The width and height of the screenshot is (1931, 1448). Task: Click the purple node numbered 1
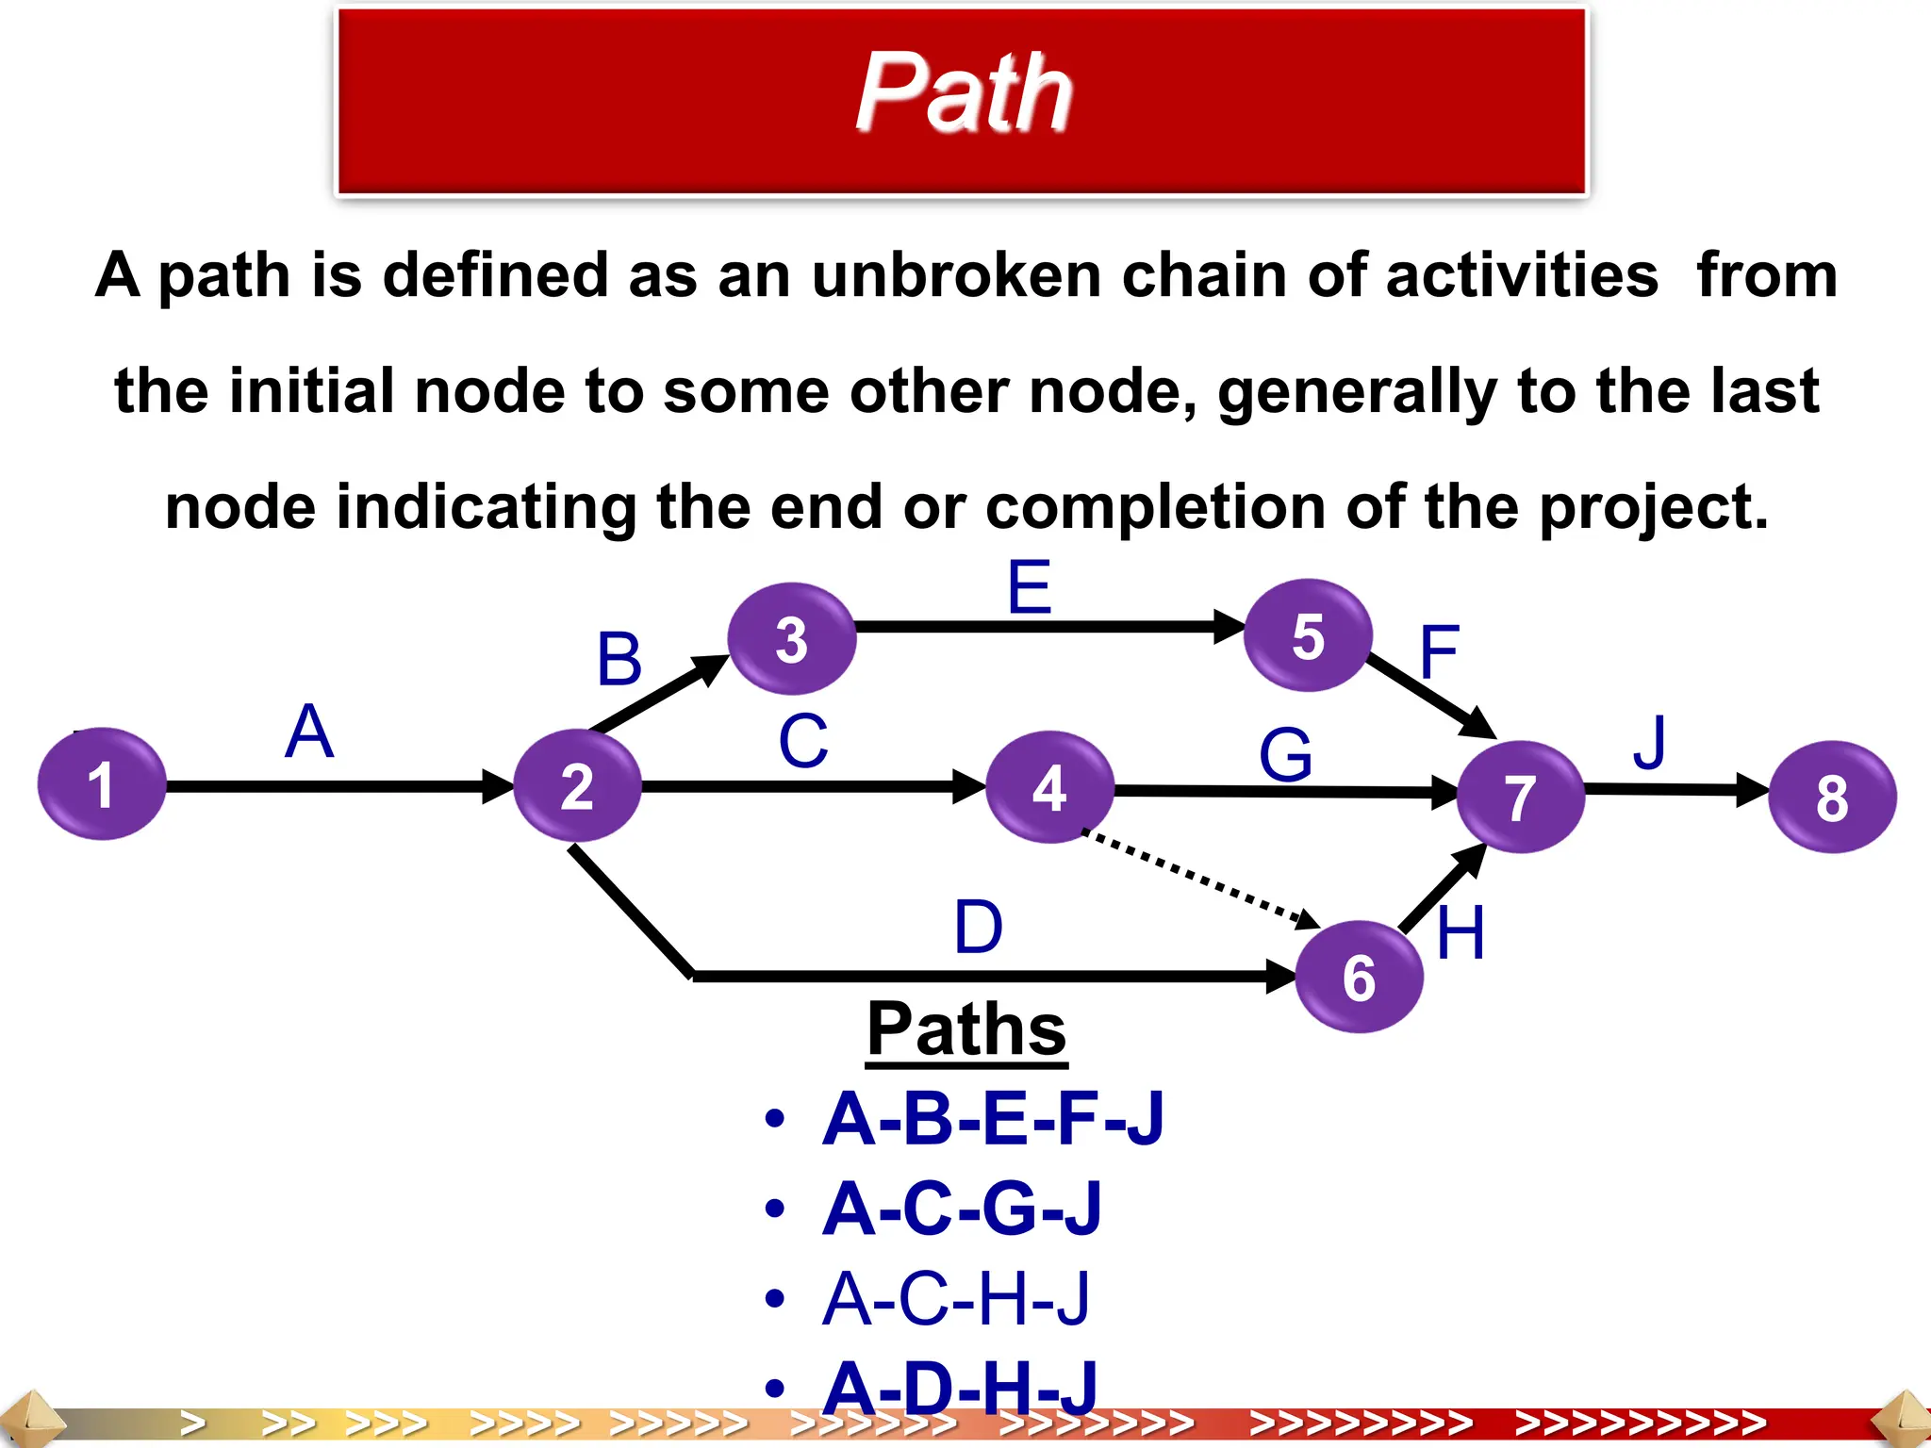102,784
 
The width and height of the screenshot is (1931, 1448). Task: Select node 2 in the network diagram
577,786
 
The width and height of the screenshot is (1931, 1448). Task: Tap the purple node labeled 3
792,639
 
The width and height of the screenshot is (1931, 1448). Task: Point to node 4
1049,787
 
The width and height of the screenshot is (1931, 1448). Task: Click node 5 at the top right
1308,635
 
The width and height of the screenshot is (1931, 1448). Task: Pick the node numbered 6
1359,977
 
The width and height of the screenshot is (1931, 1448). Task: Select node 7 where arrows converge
1520,798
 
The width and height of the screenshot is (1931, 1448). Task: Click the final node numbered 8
1832,798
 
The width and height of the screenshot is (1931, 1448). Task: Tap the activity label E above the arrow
1029,586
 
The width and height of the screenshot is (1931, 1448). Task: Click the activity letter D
978,927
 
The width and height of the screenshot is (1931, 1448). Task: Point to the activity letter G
1285,755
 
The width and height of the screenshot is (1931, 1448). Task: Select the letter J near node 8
1650,742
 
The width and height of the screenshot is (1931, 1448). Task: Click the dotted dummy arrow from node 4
1197,877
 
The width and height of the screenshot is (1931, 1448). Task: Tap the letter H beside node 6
1461,933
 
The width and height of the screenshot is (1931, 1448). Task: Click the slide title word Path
964,92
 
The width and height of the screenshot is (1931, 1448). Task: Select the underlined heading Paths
966,1029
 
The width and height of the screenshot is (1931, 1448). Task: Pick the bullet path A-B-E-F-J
993,1119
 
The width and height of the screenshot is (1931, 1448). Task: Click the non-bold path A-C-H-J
955,1299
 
